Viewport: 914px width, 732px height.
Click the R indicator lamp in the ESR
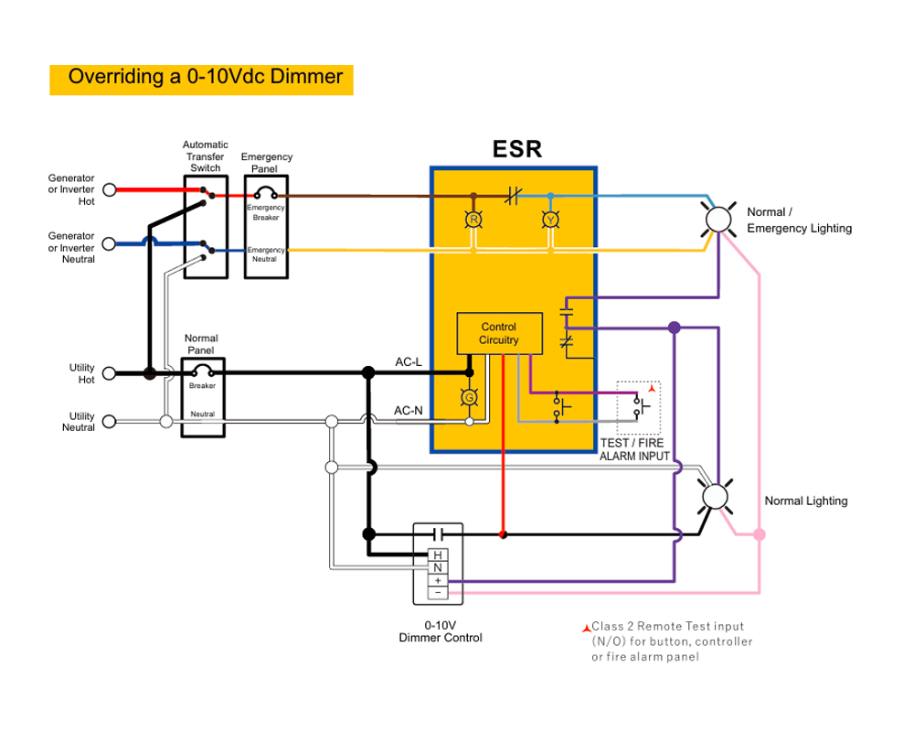coord(473,221)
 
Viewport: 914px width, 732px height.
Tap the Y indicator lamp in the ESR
coord(550,221)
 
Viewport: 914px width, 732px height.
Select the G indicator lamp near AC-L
coord(469,398)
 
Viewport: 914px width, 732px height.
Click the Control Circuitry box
coord(500,333)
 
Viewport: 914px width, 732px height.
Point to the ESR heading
coord(517,149)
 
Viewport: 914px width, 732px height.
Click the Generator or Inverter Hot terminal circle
coord(109,189)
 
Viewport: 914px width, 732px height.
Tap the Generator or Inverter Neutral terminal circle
coord(109,243)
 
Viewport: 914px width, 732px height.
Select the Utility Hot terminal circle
coord(109,373)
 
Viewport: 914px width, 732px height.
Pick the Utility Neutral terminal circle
coord(109,422)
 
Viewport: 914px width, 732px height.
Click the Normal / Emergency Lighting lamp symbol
coord(718,220)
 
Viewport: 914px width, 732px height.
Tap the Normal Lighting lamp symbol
coord(716,497)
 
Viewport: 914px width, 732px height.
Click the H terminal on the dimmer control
coord(438,555)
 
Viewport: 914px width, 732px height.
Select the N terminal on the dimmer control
coord(438,568)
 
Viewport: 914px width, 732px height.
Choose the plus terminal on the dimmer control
coord(438,581)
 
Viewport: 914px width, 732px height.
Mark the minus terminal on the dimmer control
coord(438,593)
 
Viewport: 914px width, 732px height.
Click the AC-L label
coord(408,362)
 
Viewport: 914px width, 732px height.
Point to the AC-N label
coord(408,410)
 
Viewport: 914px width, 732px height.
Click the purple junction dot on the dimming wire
coord(675,328)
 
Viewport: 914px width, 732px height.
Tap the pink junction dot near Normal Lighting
coord(759,534)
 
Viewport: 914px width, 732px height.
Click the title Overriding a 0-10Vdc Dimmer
coord(205,77)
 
